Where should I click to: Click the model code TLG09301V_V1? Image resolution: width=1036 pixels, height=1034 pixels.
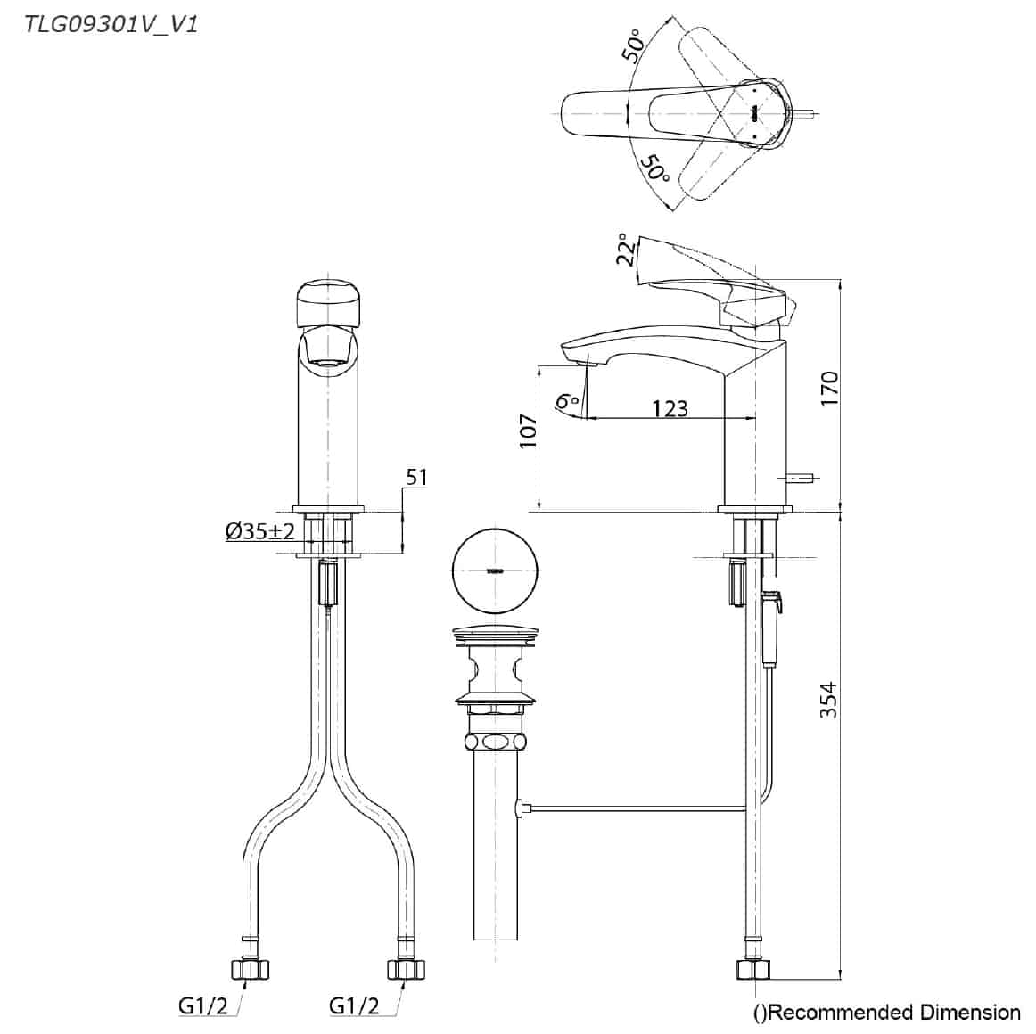click(x=111, y=23)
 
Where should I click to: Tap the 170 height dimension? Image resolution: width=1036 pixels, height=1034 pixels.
click(x=829, y=390)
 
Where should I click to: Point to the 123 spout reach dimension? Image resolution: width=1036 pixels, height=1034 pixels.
click(x=670, y=407)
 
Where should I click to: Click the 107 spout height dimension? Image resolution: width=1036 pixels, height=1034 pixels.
click(x=528, y=431)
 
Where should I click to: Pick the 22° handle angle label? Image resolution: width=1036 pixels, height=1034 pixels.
click(x=627, y=250)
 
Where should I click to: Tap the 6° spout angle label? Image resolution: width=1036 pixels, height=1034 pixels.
click(x=567, y=402)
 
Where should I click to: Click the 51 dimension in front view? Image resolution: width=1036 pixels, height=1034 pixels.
click(x=416, y=478)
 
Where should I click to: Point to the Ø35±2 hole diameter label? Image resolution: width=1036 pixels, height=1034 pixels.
click(x=259, y=532)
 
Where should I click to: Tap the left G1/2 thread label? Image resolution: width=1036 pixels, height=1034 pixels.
click(x=202, y=1006)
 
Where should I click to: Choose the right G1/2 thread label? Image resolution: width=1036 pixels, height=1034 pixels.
click(x=354, y=1006)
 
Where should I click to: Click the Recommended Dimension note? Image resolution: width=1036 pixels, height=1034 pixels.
click(x=886, y=1012)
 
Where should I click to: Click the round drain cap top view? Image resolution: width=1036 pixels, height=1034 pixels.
click(x=493, y=570)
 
